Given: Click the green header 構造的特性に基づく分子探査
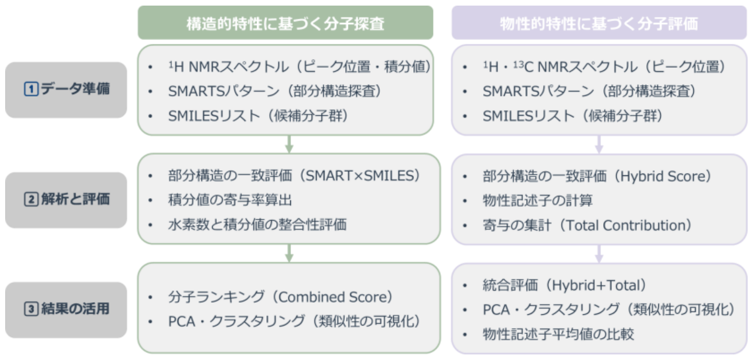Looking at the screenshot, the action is click(x=285, y=23).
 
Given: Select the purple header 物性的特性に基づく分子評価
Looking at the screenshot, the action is click(x=599, y=23).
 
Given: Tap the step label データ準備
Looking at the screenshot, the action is click(x=75, y=89).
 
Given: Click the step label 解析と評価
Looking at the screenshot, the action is click(x=75, y=199).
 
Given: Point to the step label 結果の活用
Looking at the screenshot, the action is click(x=75, y=309).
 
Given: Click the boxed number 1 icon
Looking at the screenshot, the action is click(x=31, y=89).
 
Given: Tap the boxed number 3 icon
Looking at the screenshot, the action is click(x=31, y=309).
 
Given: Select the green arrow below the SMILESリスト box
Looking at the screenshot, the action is click(x=289, y=144).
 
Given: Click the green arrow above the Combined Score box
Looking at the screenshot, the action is click(x=289, y=253).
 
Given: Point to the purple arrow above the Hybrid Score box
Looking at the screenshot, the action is click(x=599, y=144).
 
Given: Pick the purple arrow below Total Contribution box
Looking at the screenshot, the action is click(x=599, y=254).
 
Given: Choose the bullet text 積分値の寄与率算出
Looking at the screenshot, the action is click(x=230, y=201).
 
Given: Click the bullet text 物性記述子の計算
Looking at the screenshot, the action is click(x=537, y=201).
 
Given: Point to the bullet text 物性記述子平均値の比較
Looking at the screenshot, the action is click(x=558, y=334).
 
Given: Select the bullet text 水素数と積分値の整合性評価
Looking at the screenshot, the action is click(x=258, y=225).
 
